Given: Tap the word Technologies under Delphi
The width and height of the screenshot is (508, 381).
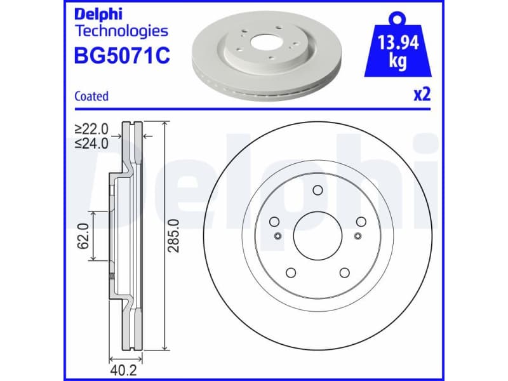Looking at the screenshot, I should [x=121, y=30].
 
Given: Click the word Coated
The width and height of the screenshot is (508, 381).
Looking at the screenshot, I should [x=91, y=97].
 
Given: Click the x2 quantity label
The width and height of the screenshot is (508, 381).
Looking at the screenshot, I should [x=422, y=95].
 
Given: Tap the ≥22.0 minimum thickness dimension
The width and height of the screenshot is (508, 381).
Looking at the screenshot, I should [x=92, y=129].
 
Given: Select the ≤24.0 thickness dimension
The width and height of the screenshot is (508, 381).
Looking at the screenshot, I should [x=92, y=143].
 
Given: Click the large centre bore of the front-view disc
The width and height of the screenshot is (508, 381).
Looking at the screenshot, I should [x=317, y=236].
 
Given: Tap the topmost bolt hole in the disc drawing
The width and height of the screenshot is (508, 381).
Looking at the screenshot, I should [x=317, y=191].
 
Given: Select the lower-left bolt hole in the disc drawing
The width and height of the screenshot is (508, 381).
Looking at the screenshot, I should [x=291, y=272].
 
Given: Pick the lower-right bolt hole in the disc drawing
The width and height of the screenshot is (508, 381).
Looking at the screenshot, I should [x=344, y=272].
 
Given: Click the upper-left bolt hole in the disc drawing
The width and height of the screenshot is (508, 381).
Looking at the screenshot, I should [x=275, y=222].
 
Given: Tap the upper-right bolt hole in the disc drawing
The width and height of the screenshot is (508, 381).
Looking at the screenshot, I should [x=361, y=222].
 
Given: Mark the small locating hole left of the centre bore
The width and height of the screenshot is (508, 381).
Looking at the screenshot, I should [x=277, y=236].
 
